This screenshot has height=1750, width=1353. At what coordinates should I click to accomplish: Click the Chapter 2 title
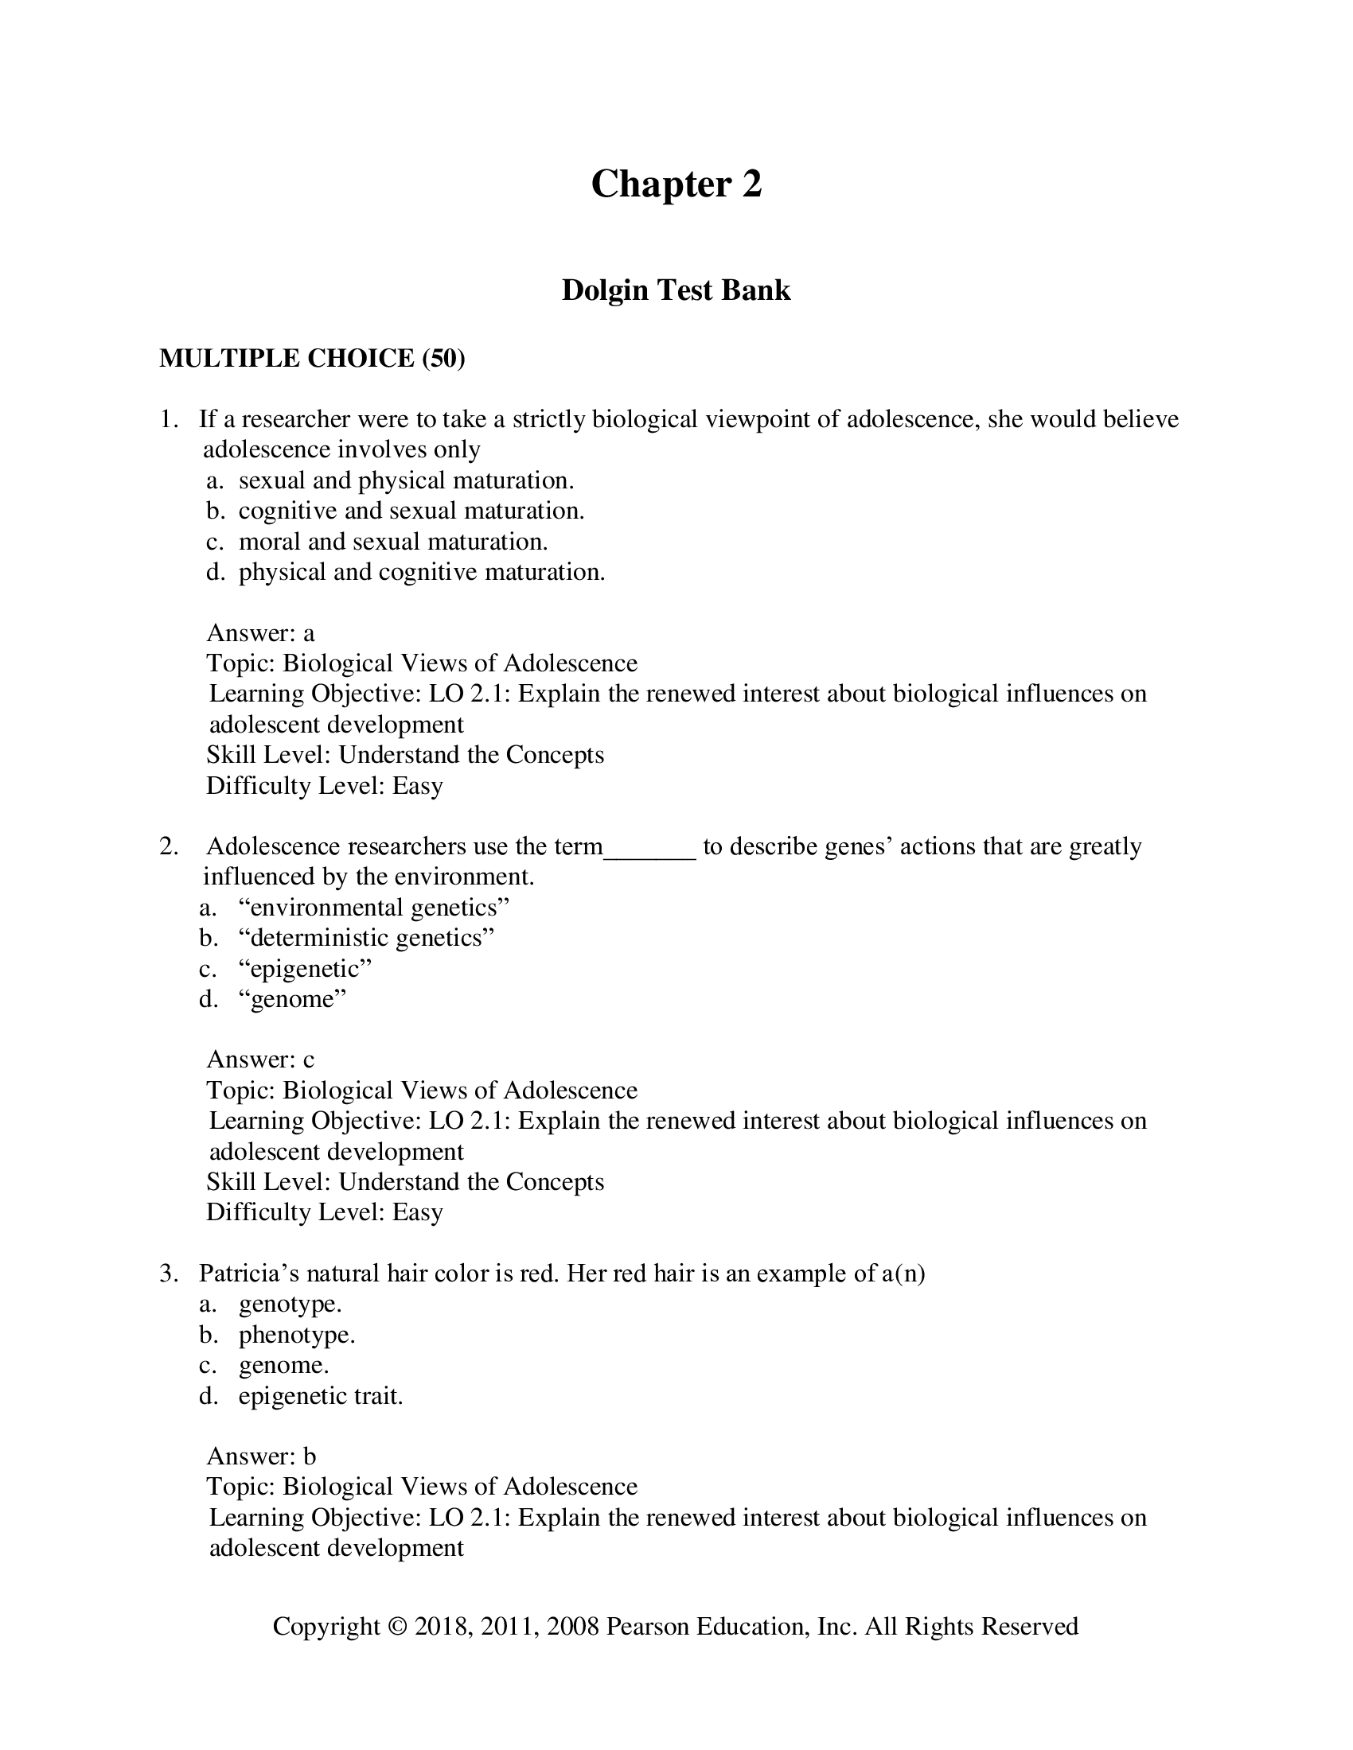pos(676,185)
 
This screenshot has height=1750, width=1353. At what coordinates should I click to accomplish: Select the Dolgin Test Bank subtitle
pos(676,290)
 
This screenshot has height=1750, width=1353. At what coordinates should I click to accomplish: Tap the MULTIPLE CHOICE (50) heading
pos(312,358)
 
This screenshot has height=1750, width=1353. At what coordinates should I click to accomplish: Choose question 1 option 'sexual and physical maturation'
pos(406,480)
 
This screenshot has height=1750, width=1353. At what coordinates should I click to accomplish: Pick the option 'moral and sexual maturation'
pos(392,542)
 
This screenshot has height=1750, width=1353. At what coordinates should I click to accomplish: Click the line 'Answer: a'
pos(260,633)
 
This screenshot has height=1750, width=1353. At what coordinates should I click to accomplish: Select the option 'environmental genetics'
pos(373,908)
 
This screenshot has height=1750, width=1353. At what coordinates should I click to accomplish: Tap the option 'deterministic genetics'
pos(366,939)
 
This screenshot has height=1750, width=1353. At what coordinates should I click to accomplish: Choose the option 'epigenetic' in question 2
pos(306,969)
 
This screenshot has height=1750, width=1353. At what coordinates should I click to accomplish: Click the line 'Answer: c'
pos(260,1060)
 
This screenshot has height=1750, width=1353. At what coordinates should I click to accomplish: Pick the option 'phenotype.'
pos(297,1335)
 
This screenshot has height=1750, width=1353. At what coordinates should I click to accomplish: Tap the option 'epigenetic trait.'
pos(321,1396)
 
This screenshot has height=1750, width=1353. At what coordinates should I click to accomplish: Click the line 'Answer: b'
pos(261,1456)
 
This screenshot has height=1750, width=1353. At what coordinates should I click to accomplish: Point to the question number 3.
pos(167,1274)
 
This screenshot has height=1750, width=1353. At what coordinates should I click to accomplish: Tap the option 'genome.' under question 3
pos(284,1365)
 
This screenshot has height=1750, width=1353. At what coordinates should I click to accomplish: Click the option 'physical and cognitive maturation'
pos(422,572)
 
